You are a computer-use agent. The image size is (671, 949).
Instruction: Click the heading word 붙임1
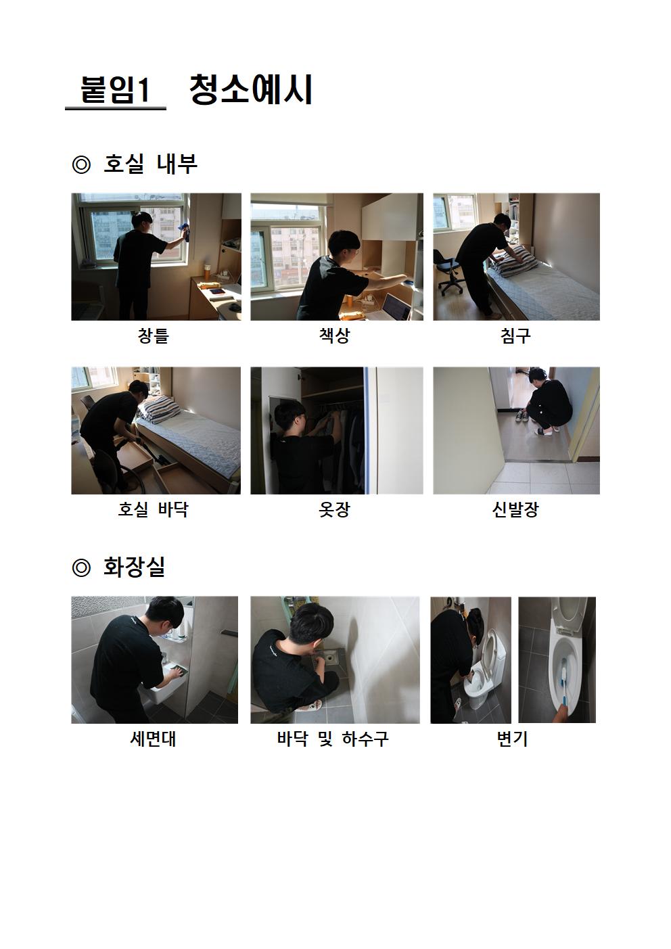[115, 90]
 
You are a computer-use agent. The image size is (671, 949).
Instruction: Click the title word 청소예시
[251, 89]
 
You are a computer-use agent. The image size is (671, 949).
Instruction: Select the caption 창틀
[154, 335]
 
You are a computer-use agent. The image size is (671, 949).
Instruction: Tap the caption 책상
[335, 335]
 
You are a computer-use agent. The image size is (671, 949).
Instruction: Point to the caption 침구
[515, 335]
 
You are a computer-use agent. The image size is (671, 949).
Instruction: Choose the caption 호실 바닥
[153, 509]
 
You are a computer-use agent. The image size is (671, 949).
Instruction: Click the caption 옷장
[335, 509]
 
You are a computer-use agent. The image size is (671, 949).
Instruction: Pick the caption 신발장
[515, 509]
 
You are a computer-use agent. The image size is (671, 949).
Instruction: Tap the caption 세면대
[153, 739]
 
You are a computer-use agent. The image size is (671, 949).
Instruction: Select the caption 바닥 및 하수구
[333, 739]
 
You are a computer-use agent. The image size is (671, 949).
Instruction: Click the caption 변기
[512, 739]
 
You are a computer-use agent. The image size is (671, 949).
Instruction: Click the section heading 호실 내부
[150, 164]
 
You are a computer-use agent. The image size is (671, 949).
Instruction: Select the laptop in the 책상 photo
[396, 306]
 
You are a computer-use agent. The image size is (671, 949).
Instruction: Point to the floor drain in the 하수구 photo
[328, 659]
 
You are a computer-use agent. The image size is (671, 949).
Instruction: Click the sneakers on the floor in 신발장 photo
[522, 415]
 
